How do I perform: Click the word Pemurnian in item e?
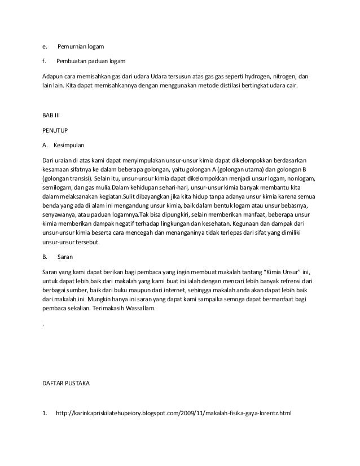73,45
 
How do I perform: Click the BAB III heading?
51,116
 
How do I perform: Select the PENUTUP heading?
55,130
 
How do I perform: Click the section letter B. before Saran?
45,257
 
